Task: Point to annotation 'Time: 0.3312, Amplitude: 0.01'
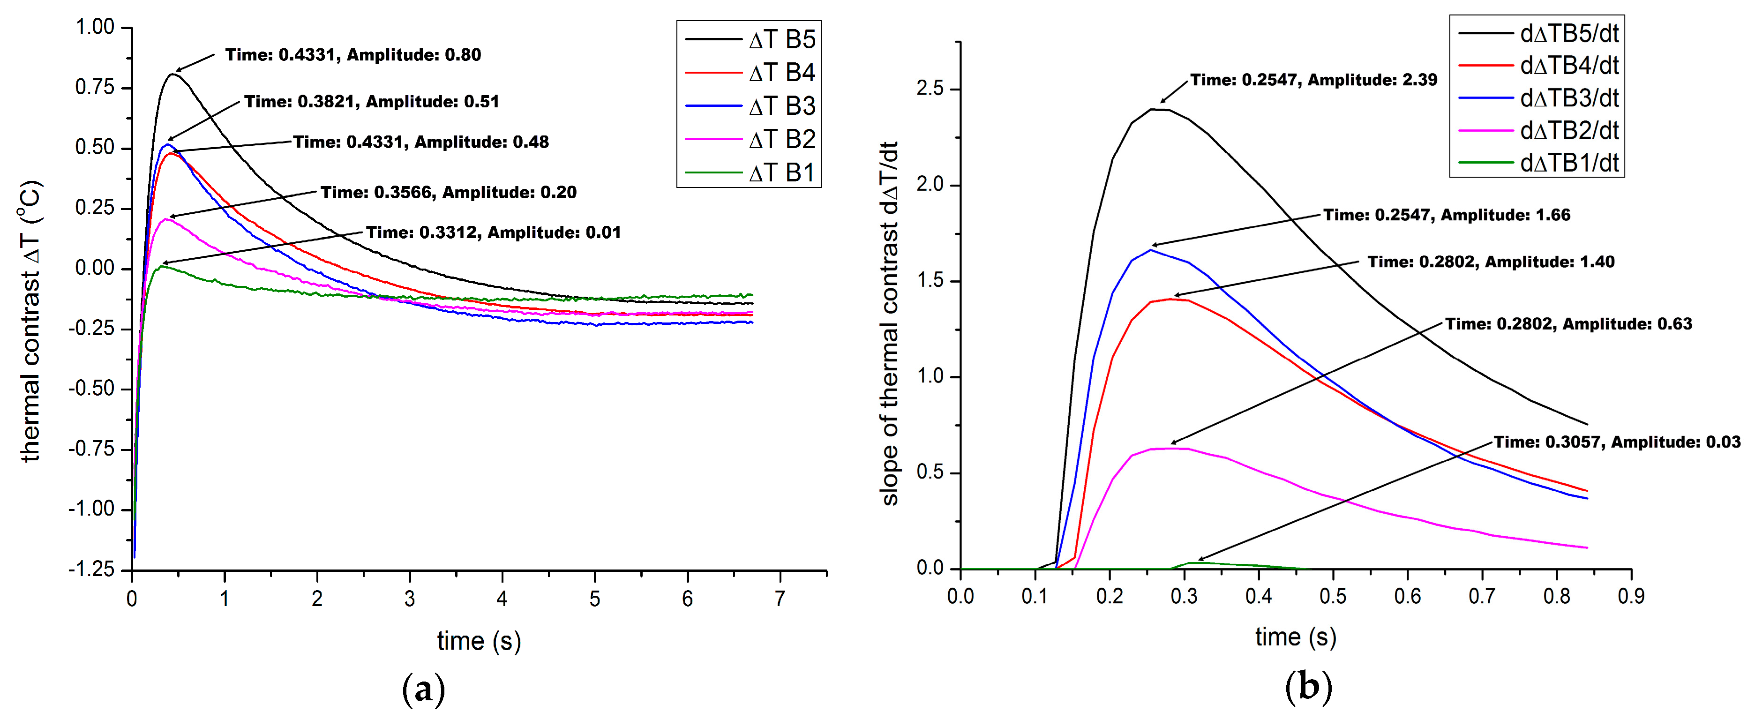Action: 493,232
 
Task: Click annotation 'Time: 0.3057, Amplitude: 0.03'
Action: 1617,442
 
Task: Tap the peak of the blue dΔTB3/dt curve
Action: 1151,250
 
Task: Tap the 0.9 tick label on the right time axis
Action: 1630,596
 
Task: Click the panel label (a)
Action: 423,689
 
